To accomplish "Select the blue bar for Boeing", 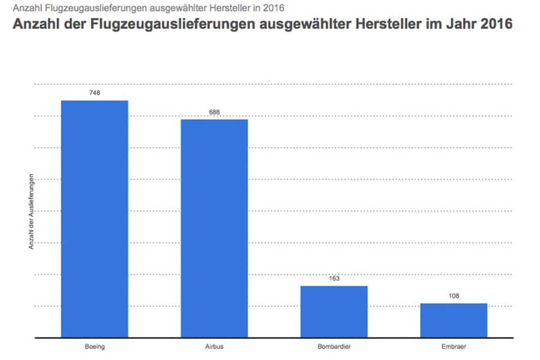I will point(94,219).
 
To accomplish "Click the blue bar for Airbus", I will point(214,228).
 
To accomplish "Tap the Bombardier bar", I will point(334,311).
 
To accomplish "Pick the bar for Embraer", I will point(454,320).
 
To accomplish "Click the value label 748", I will point(94,93).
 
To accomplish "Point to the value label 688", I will point(214,112).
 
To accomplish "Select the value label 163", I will point(334,278).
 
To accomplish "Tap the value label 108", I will point(454,296).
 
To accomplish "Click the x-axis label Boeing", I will point(94,347).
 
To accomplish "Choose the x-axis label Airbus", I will point(214,347).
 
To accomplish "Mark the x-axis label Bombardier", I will point(334,347).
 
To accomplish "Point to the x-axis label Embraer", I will point(454,347).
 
